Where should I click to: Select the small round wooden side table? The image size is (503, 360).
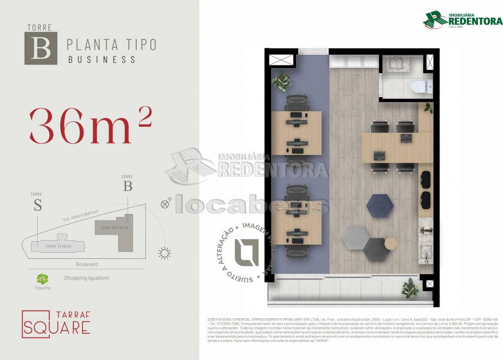click(391, 243)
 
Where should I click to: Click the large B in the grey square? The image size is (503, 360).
click(41, 48)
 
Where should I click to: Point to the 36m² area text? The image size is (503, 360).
click(91, 125)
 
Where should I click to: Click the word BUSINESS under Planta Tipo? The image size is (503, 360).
click(102, 59)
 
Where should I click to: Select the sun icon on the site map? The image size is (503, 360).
click(164, 253)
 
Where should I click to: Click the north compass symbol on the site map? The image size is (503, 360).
click(165, 204)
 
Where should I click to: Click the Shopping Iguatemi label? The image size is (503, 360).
click(87, 277)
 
